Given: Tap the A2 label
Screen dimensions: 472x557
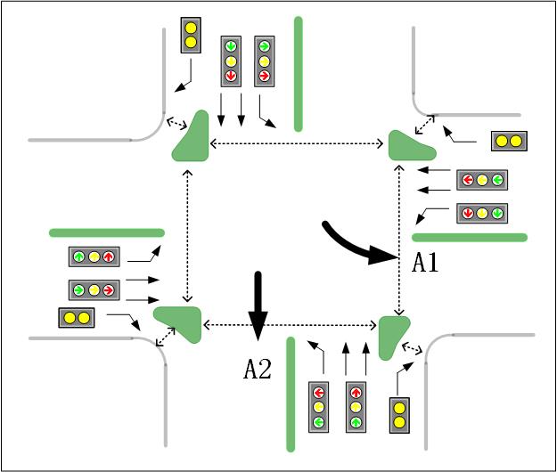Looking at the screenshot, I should pos(258,369).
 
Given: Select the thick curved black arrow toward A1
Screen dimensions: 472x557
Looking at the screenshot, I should pos(356,246).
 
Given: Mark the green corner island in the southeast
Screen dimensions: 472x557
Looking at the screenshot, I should pos(392,335).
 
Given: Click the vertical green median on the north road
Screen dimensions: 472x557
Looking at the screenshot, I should pos(298,73).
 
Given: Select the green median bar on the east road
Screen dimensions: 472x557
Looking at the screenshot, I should pos(470,237).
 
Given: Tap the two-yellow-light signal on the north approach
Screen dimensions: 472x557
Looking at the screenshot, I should pos(190,34).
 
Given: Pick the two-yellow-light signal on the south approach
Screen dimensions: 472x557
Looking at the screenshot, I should pos(400,415).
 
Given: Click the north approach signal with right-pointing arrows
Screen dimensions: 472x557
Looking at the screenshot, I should pos(264,61).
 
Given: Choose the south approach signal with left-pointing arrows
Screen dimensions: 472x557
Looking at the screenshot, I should pos(319,407).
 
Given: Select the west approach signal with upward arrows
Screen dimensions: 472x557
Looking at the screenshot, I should pos(94,257).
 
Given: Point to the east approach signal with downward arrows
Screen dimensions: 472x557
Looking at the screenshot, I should pos(482,213).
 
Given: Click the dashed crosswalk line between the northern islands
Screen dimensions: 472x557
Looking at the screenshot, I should pos(298,143).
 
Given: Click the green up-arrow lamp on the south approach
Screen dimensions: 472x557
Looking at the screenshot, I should pos(356,421).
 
